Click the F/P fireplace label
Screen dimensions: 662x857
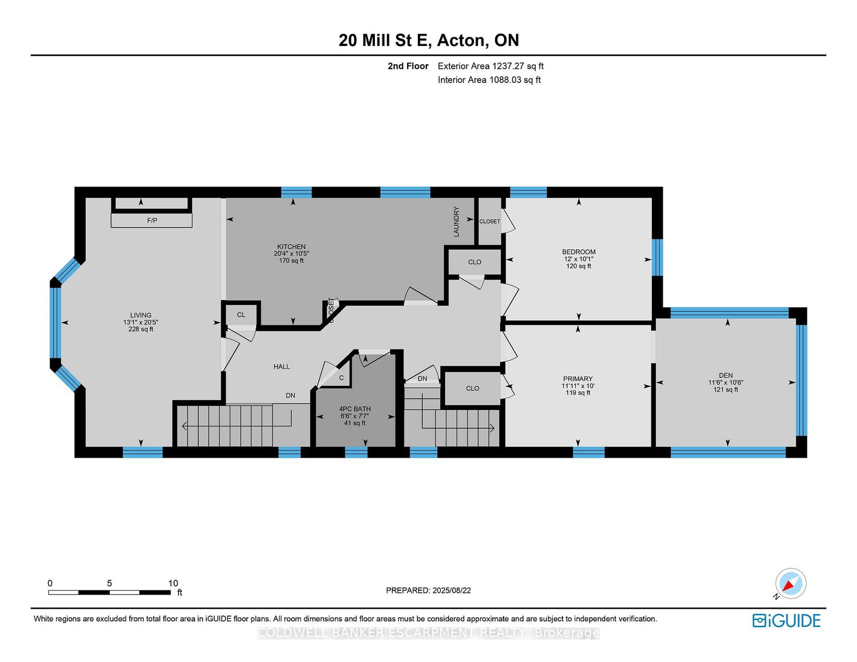click(x=152, y=220)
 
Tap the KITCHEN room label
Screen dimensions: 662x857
click(x=291, y=247)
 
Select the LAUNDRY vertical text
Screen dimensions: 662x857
click(x=456, y=222)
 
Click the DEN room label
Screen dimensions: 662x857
click(x=726, y=375)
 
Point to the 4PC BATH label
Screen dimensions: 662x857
click(x=355, y=409)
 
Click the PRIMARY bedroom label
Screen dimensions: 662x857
click(x=577, y=378)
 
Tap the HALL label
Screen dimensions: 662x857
click(x=282, y=367)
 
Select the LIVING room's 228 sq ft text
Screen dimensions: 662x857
click(x=141, y=329)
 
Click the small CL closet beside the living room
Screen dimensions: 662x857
click(x=241, y=315)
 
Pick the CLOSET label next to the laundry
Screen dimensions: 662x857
click(x=490, y=221)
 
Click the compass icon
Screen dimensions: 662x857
click(x=791, y=583)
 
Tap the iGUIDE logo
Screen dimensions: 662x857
click(x=786, y=621)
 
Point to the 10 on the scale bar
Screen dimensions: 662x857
click(x=172, y=583)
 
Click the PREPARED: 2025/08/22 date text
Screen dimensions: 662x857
click(x=428, y=590)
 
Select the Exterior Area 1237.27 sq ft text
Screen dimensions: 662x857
click(x=490, y=66)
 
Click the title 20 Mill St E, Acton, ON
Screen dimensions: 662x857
click(x=428, y=40)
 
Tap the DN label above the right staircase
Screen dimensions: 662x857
click(x=423, y=378)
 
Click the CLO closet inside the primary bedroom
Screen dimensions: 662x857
click(x=472, y=389)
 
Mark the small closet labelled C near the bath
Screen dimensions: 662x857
click(x=341, y=378)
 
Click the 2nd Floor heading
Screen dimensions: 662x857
click(x=408, y=66)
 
